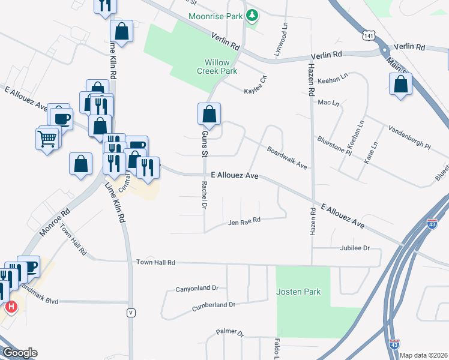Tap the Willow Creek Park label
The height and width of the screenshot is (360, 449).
coord(221,67)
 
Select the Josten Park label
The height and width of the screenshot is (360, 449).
coord(298,292)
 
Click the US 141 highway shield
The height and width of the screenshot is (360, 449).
coord(367,37)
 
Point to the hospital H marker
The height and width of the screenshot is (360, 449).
coord(11,308)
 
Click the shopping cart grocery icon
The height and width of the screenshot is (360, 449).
coord(48,139)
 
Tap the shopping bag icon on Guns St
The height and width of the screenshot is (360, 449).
coord(209,113)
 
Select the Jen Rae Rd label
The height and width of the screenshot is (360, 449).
coord(244,221)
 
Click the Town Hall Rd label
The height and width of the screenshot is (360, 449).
coord(155,262)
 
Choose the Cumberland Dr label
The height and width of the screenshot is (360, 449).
coord(213,305)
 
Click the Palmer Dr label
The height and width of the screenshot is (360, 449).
coord(230,332)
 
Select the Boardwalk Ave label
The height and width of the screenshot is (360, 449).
coord(287,158)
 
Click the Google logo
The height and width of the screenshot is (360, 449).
coord(20,353)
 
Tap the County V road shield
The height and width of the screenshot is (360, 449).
coord(130,313)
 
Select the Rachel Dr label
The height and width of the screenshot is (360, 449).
coord(205,195)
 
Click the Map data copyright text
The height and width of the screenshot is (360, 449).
coord(423,355)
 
